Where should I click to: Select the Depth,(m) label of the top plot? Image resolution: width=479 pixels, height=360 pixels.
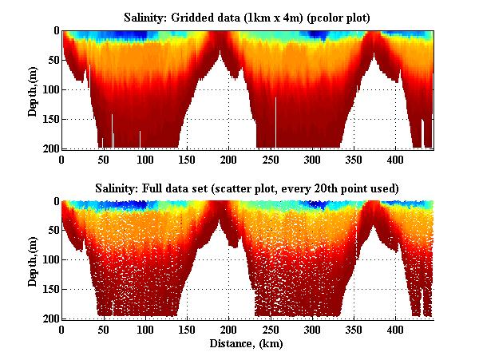[32, 89]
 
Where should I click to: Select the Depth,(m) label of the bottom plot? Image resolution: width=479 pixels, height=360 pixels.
[32, 260]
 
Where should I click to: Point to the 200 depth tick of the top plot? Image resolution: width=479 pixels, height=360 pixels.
[50, 148]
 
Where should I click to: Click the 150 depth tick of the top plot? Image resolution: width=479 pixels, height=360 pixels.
[50, 119]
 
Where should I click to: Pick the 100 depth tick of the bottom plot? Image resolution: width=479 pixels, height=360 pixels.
[50, 260]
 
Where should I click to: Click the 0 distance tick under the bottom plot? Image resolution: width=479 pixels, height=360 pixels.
[62, 329]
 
